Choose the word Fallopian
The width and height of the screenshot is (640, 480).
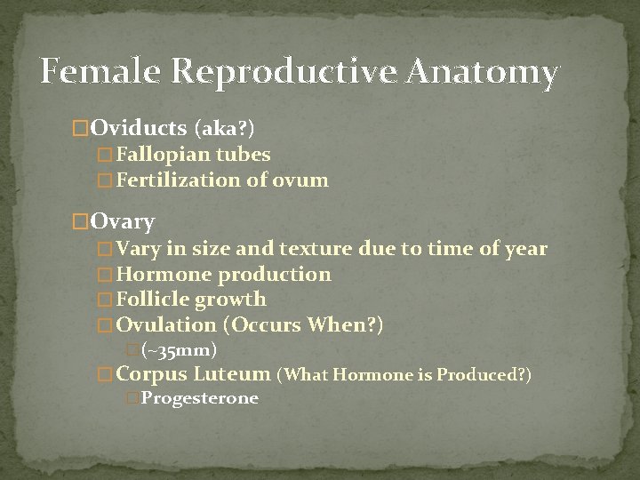pos(164,155)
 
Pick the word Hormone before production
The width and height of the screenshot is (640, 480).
pos(164,275)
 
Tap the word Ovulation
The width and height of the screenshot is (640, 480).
pos(166,325)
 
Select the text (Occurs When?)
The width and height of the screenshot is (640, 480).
pos(305,325)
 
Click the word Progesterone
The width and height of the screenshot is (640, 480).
pos(199,398)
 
